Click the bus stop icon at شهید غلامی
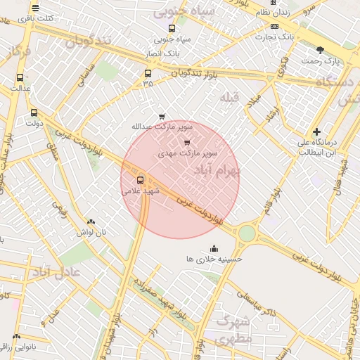pos(140,179)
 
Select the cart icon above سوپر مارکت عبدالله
pos(162,116)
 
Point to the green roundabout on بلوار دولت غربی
pos(247,233)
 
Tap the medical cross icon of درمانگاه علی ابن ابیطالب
pos(317,131)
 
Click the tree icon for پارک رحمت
pos(321,50)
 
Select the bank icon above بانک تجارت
pos(274,25)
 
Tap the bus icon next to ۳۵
pos(148,73)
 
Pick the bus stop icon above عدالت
pos(19,77)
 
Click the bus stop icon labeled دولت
pos(34,112)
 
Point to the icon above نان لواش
pos(91,221)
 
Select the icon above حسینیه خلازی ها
pos(214,248)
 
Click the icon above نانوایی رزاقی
pos(16,337)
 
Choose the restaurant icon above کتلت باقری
pos(35,8)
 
